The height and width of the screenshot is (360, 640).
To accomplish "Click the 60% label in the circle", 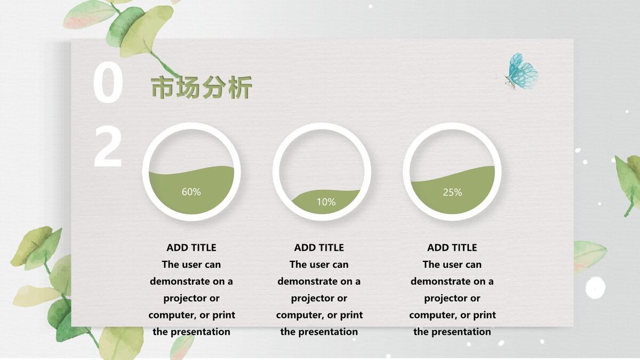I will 191,192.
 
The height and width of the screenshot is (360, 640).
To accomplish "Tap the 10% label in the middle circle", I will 326,202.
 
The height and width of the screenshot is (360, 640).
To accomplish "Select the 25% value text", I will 452,192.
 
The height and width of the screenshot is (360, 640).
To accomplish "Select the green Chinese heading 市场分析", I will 201,88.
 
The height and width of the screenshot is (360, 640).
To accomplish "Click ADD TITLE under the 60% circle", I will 191,247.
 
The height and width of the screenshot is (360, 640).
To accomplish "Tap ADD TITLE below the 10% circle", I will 319,247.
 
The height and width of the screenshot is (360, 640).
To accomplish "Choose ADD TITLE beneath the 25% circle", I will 452,247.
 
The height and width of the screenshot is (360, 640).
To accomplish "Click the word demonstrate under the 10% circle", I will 307,281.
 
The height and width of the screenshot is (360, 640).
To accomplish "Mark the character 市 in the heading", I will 163,88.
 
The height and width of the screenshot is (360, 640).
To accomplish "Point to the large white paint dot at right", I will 595,288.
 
